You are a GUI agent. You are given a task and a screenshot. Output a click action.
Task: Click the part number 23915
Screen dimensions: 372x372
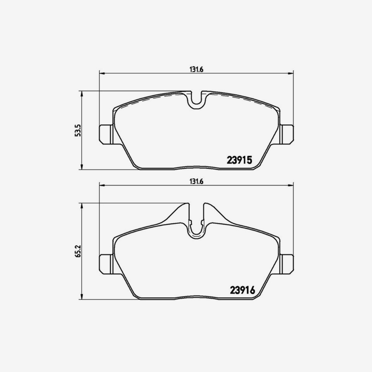[x=241, y=160]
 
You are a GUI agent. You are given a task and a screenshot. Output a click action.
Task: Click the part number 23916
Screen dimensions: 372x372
[x=242, y=290]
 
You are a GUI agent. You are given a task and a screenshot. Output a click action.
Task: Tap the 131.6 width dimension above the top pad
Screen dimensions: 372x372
[x=196, y=70]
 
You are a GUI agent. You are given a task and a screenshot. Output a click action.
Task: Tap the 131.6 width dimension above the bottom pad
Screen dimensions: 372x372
[x=196, y=182]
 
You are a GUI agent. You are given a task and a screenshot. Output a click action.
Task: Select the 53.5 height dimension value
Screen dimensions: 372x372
[x=78, y=130]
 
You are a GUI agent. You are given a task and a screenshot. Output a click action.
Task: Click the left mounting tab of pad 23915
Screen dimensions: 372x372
[x=106, y=134]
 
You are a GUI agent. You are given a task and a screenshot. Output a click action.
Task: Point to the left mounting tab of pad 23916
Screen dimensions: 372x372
[x=106, y=264]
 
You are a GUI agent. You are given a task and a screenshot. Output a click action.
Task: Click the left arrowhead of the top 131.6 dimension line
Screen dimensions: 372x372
[x=101, y=74]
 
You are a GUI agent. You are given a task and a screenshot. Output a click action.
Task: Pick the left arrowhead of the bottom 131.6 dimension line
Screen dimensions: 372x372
[x=101, y=186]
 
